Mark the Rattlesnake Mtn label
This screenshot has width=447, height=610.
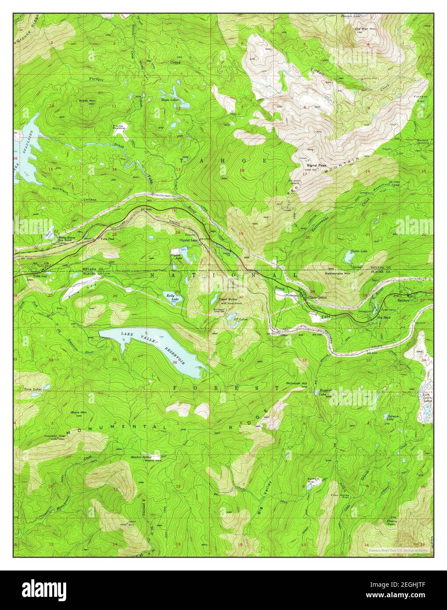pos(338,273)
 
